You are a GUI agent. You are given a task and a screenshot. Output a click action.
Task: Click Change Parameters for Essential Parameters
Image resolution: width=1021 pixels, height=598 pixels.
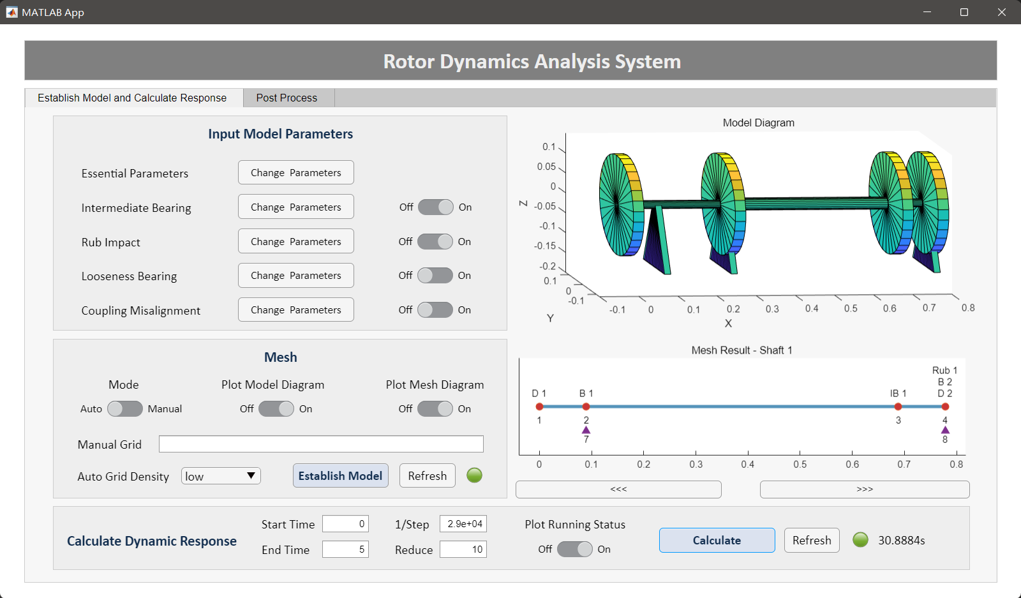[x=296, y=173]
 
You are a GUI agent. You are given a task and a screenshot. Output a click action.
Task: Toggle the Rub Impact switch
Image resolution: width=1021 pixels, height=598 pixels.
[x=435, y=242]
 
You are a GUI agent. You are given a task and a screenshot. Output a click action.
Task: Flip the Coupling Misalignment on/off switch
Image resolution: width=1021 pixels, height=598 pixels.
[x=435, y=310]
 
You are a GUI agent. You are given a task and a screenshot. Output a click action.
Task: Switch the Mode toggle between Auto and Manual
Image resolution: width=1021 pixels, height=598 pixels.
[x=125, y=409]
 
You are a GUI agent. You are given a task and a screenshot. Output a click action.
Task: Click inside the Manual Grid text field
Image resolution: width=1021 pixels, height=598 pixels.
[x=321, y=444]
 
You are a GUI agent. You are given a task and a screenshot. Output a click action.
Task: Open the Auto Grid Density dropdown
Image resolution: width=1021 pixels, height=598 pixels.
[x=221, y=476]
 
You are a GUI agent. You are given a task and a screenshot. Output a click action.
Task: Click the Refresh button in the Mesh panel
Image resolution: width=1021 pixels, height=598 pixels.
[x=427, y=476]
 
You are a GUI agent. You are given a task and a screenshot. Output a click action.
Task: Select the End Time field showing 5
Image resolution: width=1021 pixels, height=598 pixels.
[x=345, y=549]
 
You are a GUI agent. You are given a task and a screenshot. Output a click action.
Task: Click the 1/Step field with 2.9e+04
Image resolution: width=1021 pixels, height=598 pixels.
[x=463, y=524]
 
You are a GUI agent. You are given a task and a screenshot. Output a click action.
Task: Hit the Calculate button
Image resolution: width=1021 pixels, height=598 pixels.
[x=717, y=541]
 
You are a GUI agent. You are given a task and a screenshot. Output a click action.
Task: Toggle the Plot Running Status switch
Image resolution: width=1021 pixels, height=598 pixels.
[x=574, y=549]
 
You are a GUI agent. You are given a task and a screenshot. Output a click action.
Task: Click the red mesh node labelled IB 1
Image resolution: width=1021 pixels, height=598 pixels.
[x=898, y=407]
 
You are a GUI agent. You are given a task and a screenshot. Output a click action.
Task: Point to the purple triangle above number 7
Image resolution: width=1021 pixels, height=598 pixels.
[x=586, y=430]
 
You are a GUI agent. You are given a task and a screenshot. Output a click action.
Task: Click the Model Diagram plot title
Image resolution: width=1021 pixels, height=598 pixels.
[x=759, y=123]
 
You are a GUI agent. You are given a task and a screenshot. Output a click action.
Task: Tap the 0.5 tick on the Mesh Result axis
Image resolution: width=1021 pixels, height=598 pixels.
[x=800, y=465]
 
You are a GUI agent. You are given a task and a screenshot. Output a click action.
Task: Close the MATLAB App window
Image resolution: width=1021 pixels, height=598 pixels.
[x=1001, y=12]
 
